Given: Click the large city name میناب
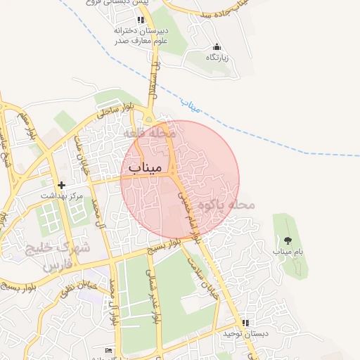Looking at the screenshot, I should point(146,168).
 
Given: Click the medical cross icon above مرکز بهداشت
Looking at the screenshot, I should point(62,186).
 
